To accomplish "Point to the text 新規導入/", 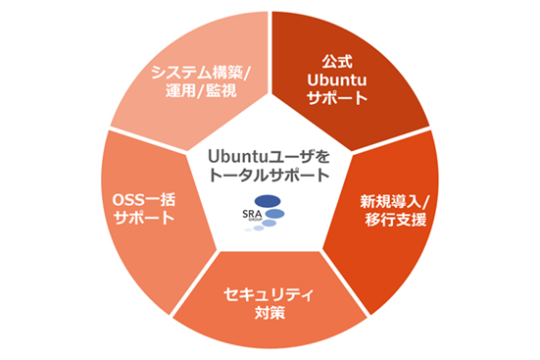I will [x=394, y=199].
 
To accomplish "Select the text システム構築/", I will [x=200, y=71].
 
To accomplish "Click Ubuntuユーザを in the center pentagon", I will [x=270, y=155].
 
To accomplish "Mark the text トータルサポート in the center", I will [x=270, y=174].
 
